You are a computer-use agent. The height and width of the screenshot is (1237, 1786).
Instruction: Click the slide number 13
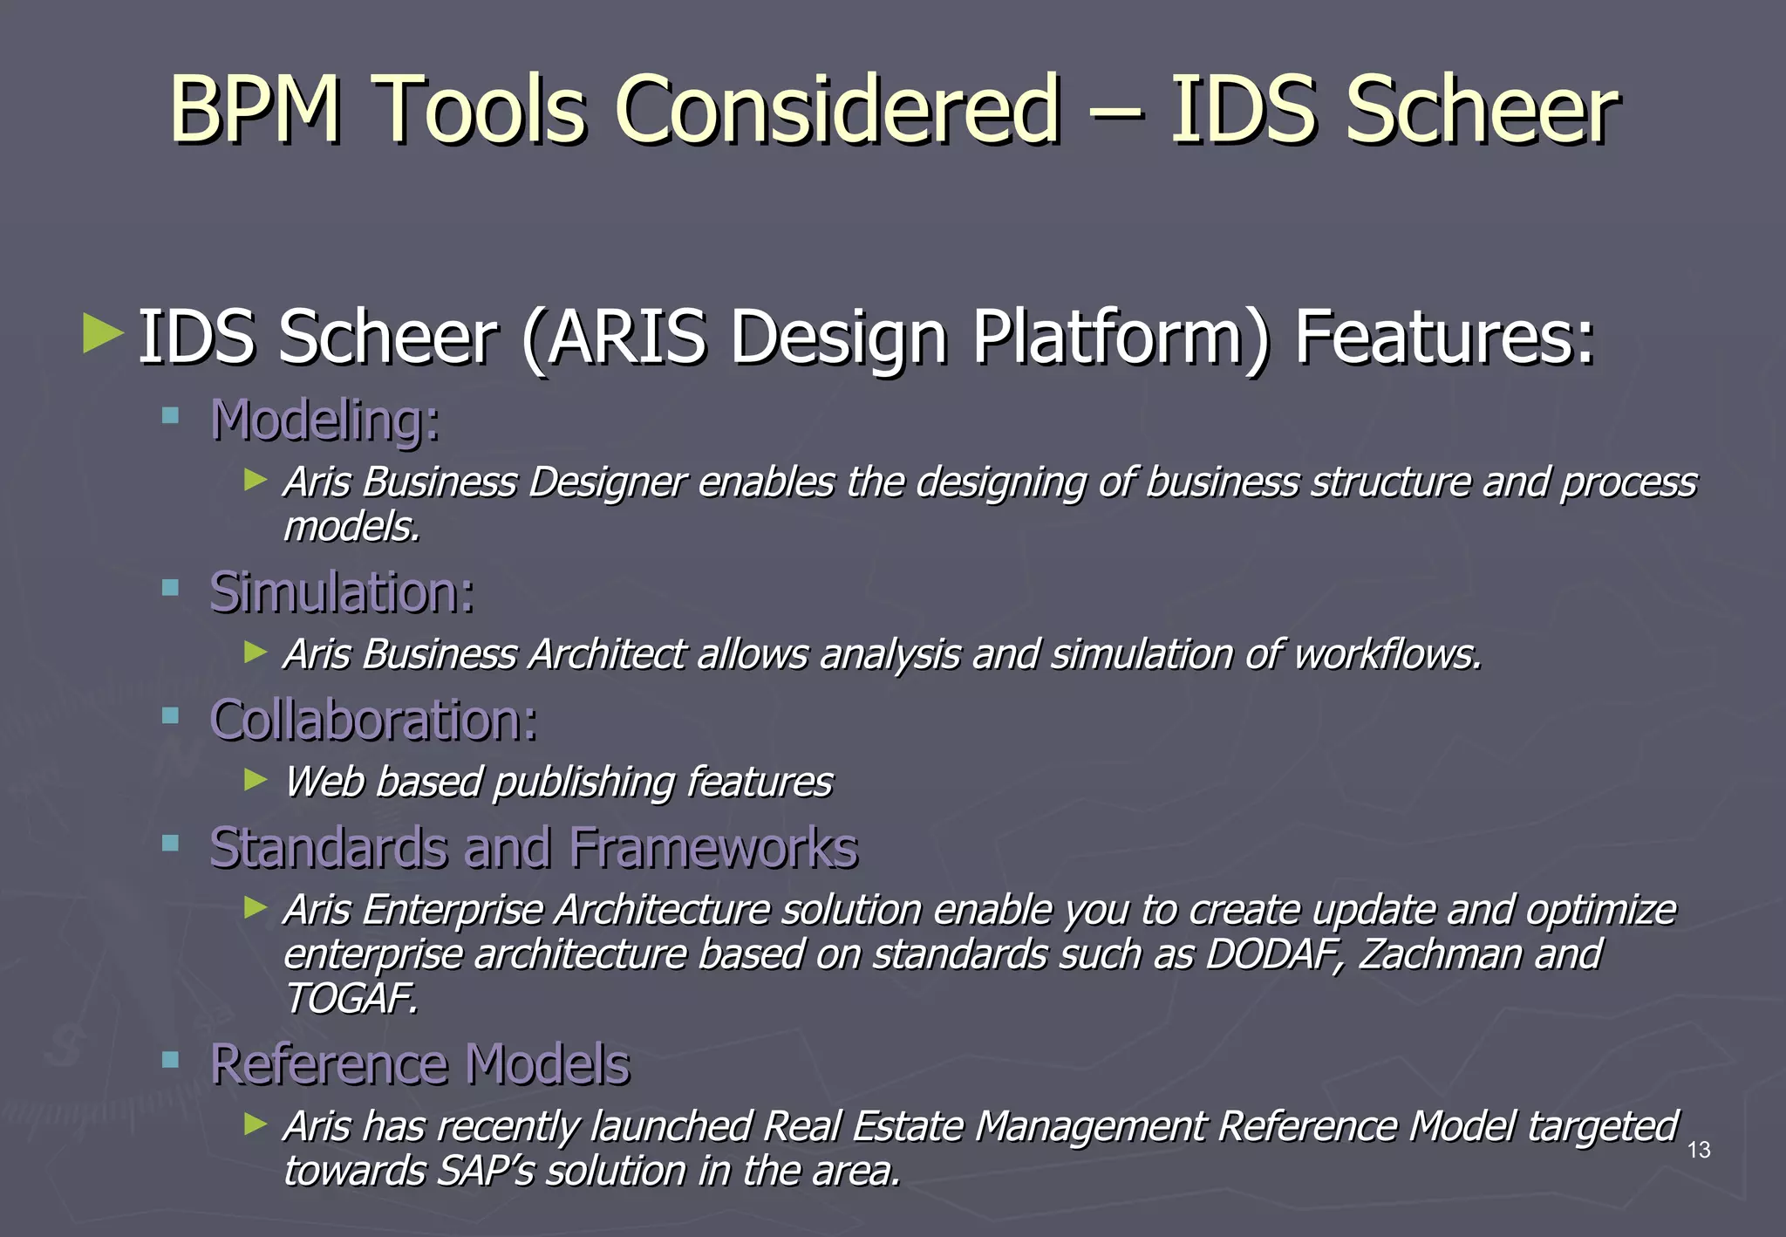1699,1150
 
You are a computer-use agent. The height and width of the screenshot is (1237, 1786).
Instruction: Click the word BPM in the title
255,109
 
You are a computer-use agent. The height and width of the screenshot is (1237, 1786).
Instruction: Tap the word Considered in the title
838,109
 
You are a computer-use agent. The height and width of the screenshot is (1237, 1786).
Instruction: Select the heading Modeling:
325,421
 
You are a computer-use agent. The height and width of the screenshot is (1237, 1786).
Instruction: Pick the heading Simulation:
342,593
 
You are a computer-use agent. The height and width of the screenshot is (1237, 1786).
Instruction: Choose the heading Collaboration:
373,721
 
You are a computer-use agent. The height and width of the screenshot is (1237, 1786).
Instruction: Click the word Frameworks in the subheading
713,848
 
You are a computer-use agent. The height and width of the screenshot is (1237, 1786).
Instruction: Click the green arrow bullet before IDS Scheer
102,334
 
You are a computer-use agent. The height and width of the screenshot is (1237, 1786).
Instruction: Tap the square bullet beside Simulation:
170,588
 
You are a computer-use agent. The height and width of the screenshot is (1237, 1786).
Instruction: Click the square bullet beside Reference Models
170,1060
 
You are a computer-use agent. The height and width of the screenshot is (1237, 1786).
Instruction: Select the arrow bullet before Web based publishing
255,779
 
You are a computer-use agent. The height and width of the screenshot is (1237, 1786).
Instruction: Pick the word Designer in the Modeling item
608,482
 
